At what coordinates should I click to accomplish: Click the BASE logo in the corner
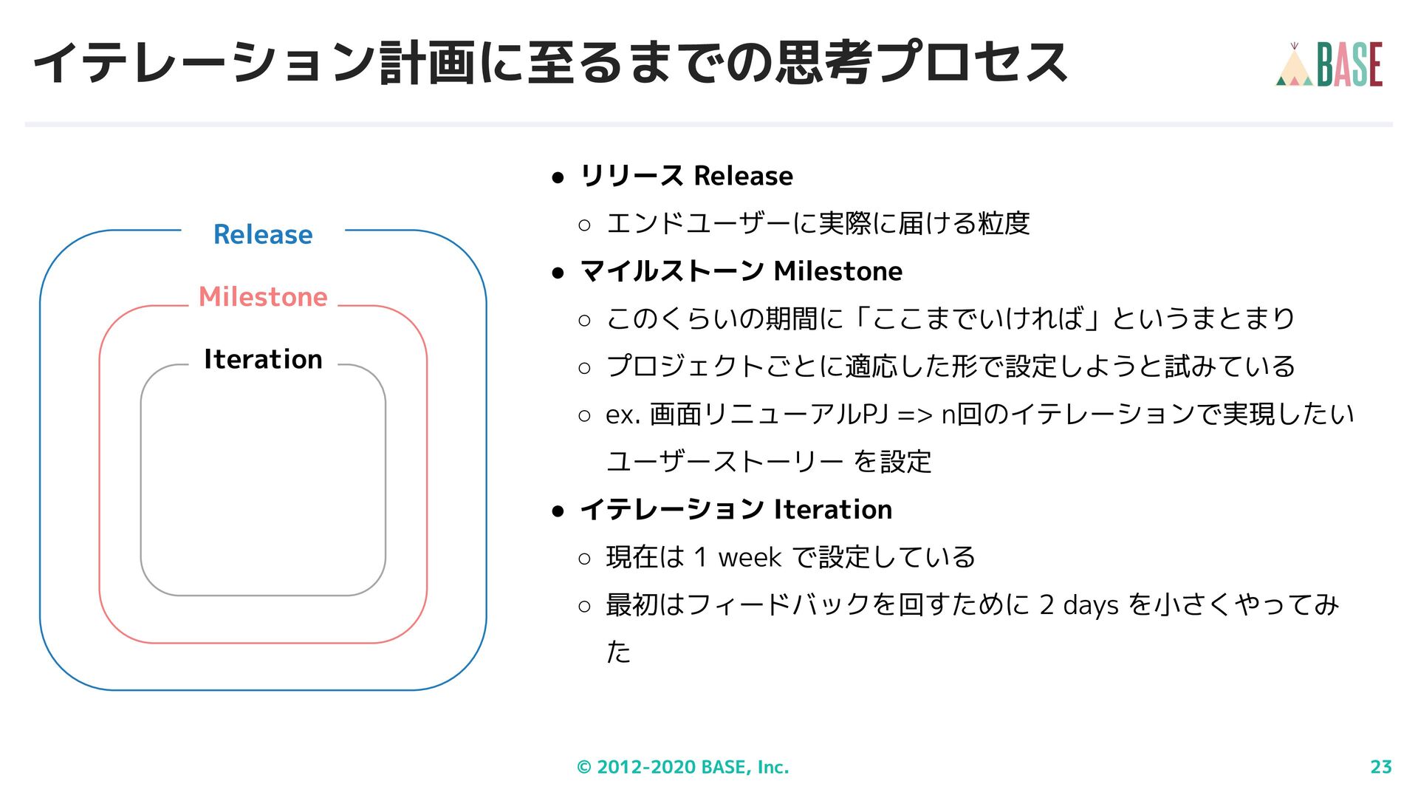coord(1329,64)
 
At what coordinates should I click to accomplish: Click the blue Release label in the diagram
coord(263,234)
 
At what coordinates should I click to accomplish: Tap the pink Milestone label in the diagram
coord(263,296)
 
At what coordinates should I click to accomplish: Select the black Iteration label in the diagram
coord(263,359)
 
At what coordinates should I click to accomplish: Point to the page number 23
coord(1380,767)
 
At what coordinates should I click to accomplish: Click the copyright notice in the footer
coord(682,767)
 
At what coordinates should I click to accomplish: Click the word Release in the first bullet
coord(743,176)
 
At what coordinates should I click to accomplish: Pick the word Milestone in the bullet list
coord(838,271)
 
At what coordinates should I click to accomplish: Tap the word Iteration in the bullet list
coord(832,509)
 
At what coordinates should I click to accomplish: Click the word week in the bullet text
coord(749,557)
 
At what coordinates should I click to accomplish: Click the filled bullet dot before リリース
coord(558,177)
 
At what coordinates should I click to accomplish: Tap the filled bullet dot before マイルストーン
coord(558,273)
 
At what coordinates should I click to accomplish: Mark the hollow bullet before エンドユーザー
coord(585,225)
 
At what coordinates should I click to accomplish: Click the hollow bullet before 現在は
coord(585,559)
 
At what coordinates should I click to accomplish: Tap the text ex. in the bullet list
coord(623,415)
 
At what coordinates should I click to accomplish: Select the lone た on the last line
coord(618,652)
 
